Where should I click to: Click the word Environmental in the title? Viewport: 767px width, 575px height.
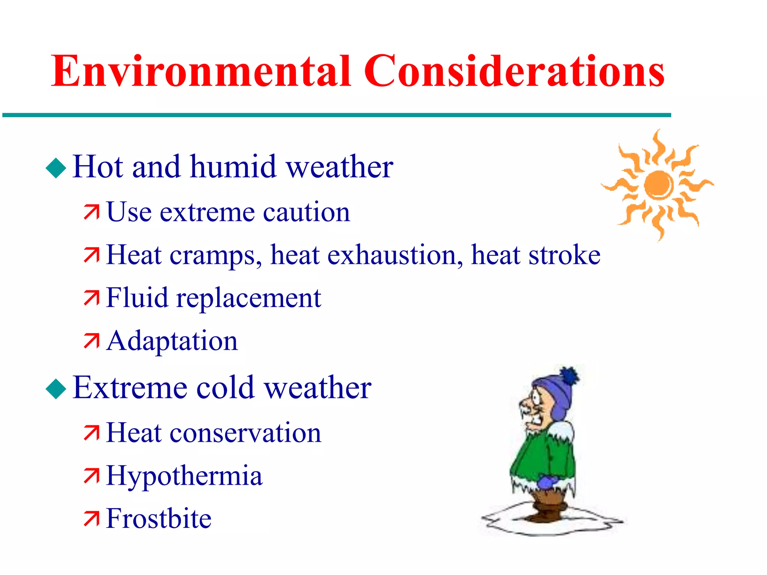coord(201,71)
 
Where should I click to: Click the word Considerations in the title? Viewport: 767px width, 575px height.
coord(514,71)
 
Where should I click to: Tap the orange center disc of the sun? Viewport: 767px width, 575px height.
coord(658,185)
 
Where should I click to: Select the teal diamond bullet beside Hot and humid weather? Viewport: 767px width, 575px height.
coord(56,168)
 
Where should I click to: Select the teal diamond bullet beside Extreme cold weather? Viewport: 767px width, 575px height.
coord(56,389)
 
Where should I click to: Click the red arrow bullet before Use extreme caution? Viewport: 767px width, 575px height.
coord(91,212)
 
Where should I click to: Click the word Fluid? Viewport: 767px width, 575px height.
coord(137,298)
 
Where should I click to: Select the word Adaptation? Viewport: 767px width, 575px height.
coord(172,341)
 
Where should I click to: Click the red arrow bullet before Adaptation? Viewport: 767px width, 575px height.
coord(91,341)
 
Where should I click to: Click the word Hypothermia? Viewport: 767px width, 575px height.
coord(184,476)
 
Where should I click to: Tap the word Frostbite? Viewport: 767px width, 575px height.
coord(159,519)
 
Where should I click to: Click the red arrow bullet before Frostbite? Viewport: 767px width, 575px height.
coord(91,519)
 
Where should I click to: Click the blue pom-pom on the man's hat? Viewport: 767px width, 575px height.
coord(569,376)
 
